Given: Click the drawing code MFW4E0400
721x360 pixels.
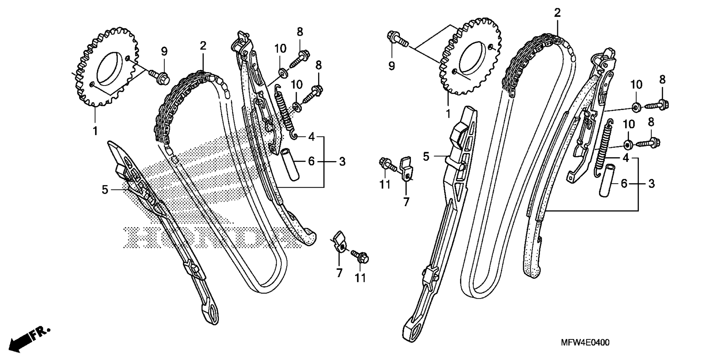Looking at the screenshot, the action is [585, 343].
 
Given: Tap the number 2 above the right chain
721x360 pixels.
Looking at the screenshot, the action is [557, 14].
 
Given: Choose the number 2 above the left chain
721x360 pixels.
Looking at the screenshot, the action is [203, 46].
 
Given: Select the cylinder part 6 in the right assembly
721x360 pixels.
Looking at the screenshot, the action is [609, 179].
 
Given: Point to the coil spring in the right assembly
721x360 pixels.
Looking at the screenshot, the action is [603, 146].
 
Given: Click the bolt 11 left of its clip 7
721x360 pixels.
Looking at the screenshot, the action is [388, 164].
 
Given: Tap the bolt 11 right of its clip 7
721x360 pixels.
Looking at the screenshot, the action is [360, 256].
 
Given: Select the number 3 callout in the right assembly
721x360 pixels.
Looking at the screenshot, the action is [652, 184].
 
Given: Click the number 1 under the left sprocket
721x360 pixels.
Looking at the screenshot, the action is [95, 131].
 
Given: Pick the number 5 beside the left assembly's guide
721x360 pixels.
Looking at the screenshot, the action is [105, 190].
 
